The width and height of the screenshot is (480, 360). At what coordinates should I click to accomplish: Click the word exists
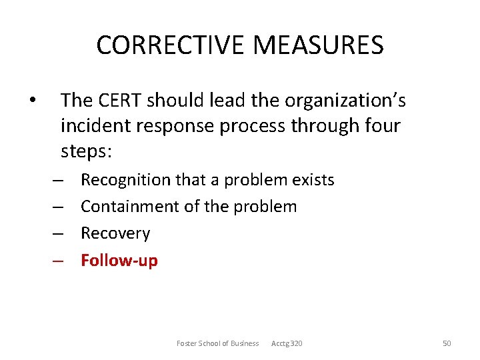coord(313,180)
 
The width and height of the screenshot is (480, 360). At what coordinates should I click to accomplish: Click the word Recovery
coord(115,233)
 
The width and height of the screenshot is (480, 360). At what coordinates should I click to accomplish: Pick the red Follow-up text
coord(119,260)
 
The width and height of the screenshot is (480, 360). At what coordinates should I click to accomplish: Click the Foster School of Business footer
coord(217,343)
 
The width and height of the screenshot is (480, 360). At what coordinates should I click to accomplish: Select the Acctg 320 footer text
coord(287,343)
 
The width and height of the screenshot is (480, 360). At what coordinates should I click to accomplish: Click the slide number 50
coord(447,343)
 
